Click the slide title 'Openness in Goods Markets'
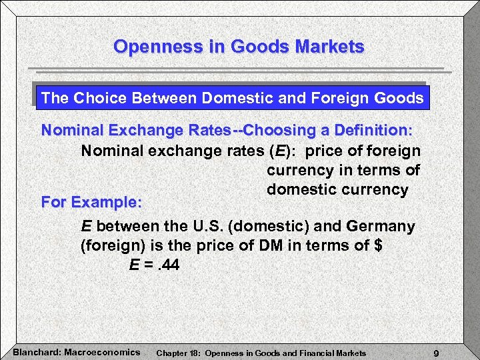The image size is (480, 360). (239, 47)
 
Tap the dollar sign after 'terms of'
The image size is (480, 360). (379, 245)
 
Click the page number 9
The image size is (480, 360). (435, 353)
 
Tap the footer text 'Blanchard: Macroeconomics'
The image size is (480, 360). (77, 351)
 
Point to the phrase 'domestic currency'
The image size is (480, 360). (337, 189)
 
